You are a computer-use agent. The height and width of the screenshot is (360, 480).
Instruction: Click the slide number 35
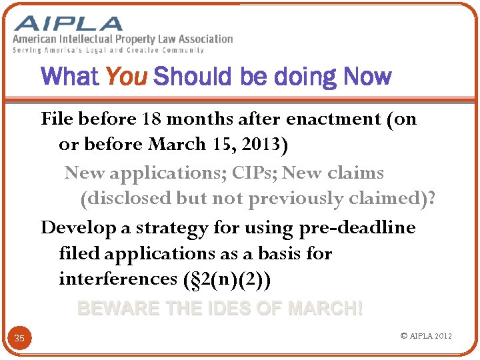pos(19,339)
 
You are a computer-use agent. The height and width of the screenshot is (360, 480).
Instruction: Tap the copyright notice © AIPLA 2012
pos(426,335)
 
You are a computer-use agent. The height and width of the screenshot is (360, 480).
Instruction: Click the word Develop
pos(78,228)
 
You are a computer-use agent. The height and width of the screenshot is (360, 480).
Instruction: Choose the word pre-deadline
pos(358,228)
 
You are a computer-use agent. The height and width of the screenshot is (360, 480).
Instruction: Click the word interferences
pos(118,279)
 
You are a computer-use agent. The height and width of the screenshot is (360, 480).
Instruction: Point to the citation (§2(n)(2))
pos(227,279)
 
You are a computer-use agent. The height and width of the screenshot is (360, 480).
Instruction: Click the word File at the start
pos(57,119)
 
